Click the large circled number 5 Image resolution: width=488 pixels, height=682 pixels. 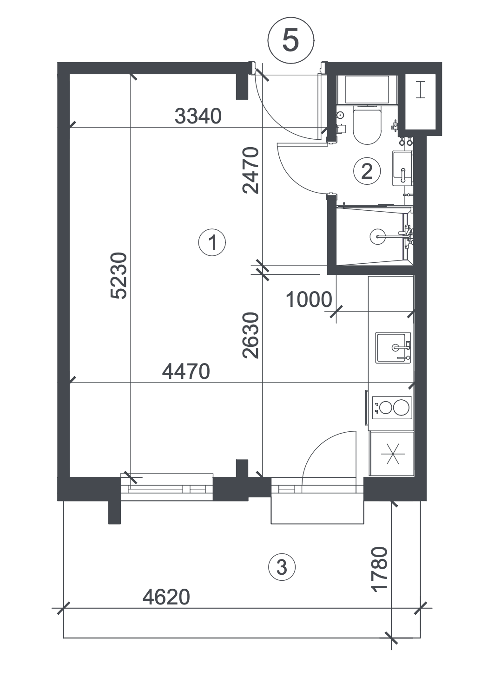pyautogui.click(x=290, y=40)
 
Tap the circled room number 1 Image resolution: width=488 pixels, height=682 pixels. pyautogui.click(x=212, y=243)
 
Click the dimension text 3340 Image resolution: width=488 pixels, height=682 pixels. pyautogui.click(x=198, y=117)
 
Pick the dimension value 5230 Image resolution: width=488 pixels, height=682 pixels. pyautogui.click(x=119, y=276)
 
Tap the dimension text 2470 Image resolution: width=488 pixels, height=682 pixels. pyautogui.click(x=251, y=170)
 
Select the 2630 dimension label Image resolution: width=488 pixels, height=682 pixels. pyautogui.click(x=251, y=335)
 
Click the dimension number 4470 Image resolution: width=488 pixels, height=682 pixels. pyautogui.click(x=186, y=371)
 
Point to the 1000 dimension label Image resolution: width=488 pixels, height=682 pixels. pyautogui.click(x=309, y=299)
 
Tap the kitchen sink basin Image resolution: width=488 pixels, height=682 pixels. pyautogui.click(x=393, y=347)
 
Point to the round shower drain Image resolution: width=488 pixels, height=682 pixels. pyautogui.click(x=377, y=236)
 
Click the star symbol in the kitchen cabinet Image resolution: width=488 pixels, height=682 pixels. pyautogui.click(x=393, y=454)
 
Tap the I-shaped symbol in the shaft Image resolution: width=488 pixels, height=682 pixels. pyautogui.click(x=420, y=90)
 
